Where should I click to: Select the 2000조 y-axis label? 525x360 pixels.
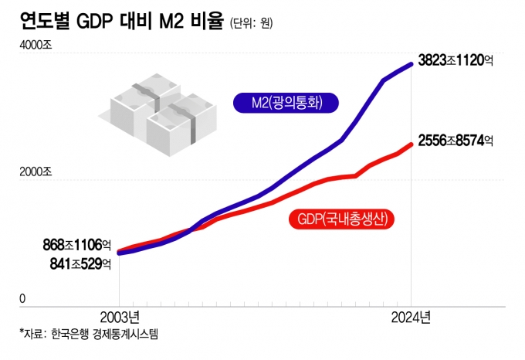click(36, 172)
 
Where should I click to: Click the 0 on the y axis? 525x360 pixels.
click(22, 299)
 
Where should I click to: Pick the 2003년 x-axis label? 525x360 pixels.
click(119, 317)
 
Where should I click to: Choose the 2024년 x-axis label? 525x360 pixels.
click(411, 317)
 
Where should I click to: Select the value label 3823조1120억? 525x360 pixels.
click(455, 59)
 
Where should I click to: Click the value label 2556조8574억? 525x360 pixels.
click(455, 141)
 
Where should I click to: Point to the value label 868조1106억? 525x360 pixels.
click(78, 245)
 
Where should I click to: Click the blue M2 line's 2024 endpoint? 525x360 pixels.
click(411, 64)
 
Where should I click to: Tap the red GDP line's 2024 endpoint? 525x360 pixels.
click(411, 144)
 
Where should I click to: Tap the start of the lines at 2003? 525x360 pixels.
click(119, 252)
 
